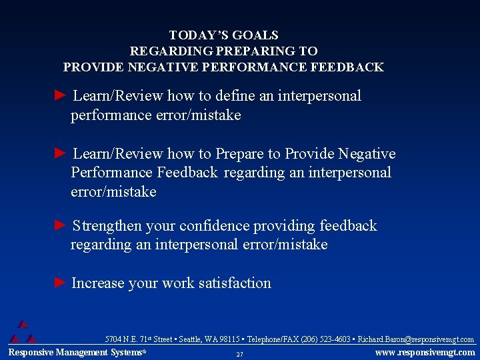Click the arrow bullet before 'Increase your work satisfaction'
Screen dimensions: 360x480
(x=60, y=283)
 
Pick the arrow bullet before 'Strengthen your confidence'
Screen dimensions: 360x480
(x=60, y=226)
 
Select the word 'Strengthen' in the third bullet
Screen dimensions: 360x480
(x=108, y=226)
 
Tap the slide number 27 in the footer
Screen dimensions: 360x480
(x=239, y=354)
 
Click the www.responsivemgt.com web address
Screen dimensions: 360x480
(x=425, y=353)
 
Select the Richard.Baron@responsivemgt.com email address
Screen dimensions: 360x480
(x=416, y=340)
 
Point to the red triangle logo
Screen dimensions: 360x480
(x=23, y=331)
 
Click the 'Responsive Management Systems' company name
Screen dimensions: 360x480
(x=76, y=353)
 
